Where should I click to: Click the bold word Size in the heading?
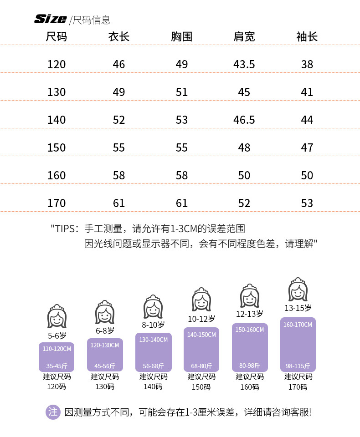51,19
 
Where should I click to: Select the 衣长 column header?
118,37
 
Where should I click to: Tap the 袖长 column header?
307,37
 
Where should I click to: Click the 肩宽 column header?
244,37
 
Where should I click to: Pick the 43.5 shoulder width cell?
244,64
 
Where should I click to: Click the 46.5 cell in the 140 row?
244,120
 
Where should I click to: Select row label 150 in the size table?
57,147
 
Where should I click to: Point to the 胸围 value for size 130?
181,92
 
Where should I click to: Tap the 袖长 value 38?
307,64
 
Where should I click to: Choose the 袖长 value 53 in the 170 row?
307,203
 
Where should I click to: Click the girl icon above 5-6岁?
57,316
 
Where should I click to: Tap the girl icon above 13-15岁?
298,289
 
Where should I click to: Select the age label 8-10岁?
153,325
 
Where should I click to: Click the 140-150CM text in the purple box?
201,335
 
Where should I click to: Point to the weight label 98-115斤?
298,366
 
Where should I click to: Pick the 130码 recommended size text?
105,386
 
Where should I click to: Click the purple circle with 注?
53,412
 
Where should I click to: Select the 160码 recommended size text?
250,386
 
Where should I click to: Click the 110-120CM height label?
57,349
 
